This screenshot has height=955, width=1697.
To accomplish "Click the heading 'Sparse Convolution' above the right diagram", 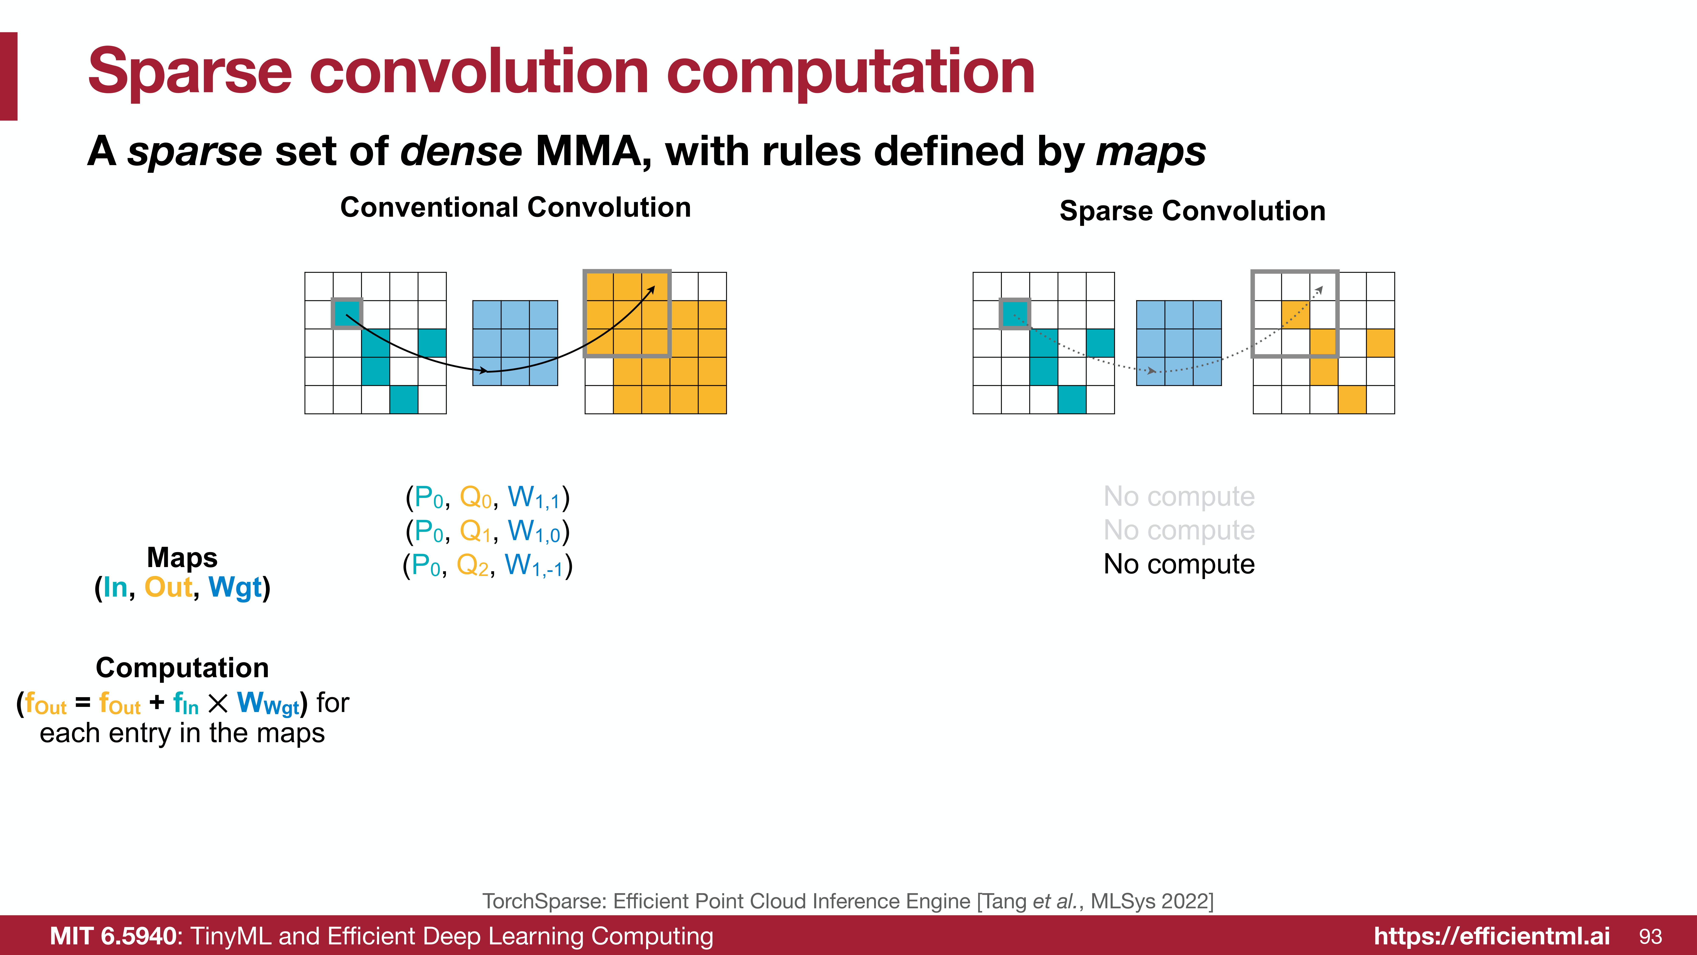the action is pos(1192,211).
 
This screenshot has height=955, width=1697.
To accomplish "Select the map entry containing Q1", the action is pos(487,531).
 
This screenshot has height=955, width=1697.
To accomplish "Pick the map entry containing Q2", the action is pos(487,565).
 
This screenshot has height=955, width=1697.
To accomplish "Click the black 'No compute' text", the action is pos(1179,564).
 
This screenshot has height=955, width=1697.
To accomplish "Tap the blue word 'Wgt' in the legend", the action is pos(235,587).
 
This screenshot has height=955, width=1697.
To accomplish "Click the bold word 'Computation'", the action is pos(182,668).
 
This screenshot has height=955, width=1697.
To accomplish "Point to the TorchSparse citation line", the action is pos(848,901).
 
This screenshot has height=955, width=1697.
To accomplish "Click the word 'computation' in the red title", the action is pos(850,73).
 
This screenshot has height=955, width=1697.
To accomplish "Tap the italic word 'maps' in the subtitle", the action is pos(1151,152).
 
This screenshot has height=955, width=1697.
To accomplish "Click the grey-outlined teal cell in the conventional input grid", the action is pos(347,314).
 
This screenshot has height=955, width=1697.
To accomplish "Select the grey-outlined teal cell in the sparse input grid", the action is pos(1015,314).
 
